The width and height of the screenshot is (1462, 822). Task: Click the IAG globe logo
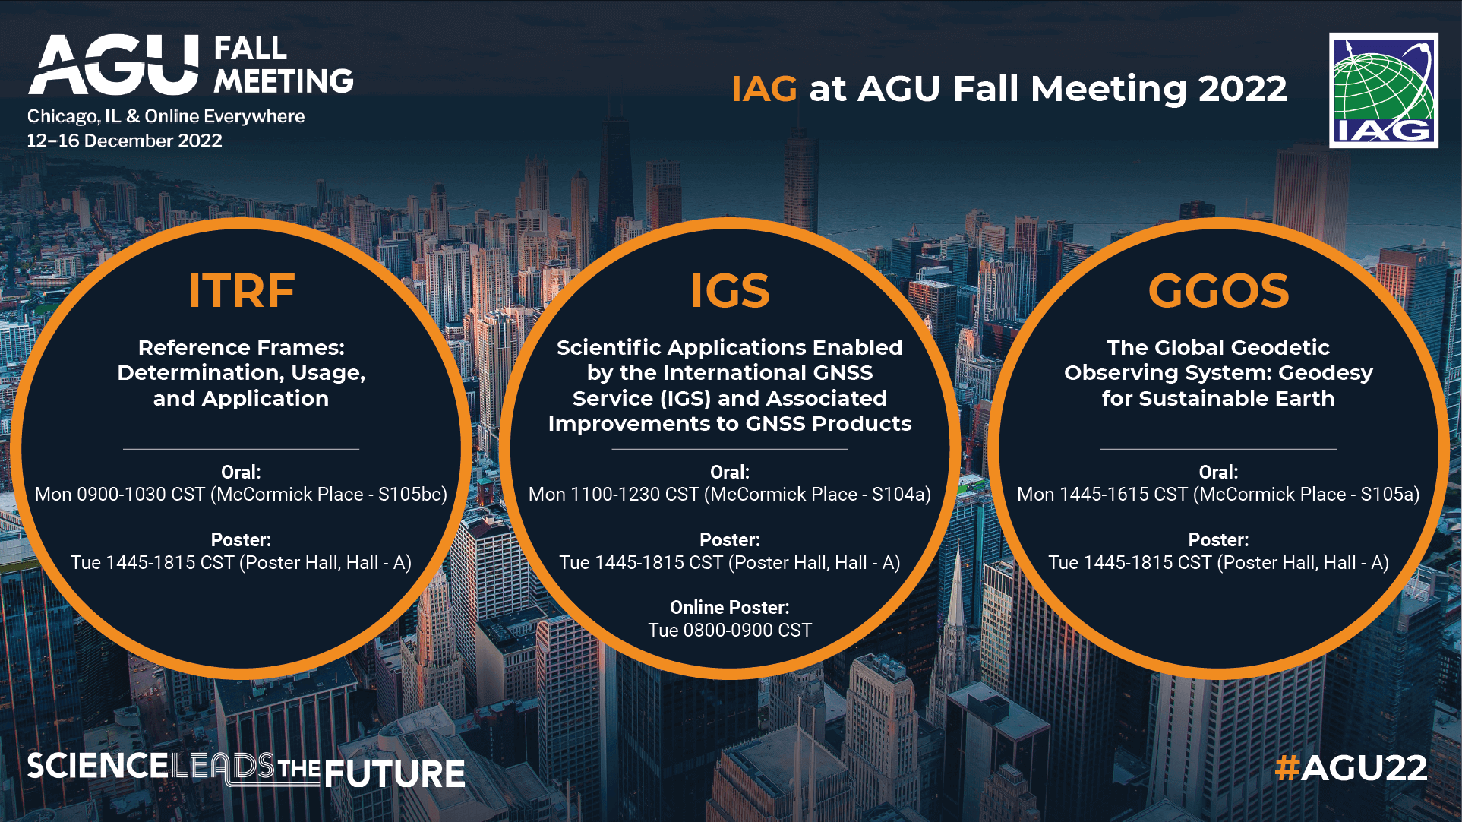(1383, 90)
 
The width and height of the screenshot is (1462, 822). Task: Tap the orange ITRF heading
(242, 290)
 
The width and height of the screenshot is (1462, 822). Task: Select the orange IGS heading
(730, 290)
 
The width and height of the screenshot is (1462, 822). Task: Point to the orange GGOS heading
(1218, 290)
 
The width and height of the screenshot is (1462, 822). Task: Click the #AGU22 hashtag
(1351, 767)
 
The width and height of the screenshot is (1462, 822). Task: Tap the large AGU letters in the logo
(114, 65)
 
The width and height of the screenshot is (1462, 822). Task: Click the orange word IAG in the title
(764, 89)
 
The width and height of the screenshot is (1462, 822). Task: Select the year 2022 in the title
(1243, 89)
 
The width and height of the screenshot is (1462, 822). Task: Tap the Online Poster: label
(730, 608)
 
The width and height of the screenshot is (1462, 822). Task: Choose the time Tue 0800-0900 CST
(730, 631)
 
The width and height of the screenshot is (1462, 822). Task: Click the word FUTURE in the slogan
(395, 774)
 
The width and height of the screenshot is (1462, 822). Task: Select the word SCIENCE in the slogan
(97, 766)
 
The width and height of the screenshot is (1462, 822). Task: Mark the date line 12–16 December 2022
(125, 141)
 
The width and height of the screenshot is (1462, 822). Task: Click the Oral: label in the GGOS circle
(1218, 472)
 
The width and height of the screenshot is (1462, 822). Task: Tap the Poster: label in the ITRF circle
(241, 540)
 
